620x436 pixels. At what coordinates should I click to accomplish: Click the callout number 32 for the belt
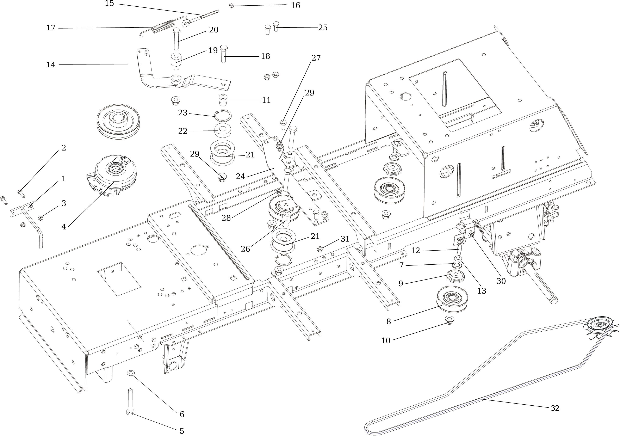point(555,408)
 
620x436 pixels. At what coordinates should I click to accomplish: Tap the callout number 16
point(295,6)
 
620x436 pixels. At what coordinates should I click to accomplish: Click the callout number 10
point(386,341)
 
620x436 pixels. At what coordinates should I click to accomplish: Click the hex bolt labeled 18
point(224,54)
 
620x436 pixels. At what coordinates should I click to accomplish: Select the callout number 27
point(316,58)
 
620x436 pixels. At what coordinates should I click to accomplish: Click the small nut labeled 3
point(41,218)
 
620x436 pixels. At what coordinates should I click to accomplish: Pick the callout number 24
point(240,176)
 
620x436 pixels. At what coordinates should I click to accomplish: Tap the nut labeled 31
point(320,249)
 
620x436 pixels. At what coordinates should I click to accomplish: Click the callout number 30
point(501,281)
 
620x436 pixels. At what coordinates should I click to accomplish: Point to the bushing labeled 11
point(223,100)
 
